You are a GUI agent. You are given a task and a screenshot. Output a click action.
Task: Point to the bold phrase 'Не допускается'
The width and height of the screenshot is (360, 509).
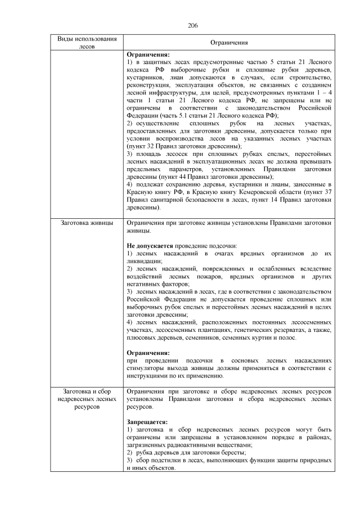click(147, 246)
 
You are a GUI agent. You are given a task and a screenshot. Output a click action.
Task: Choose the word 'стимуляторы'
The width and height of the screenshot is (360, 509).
click(147, 367)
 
